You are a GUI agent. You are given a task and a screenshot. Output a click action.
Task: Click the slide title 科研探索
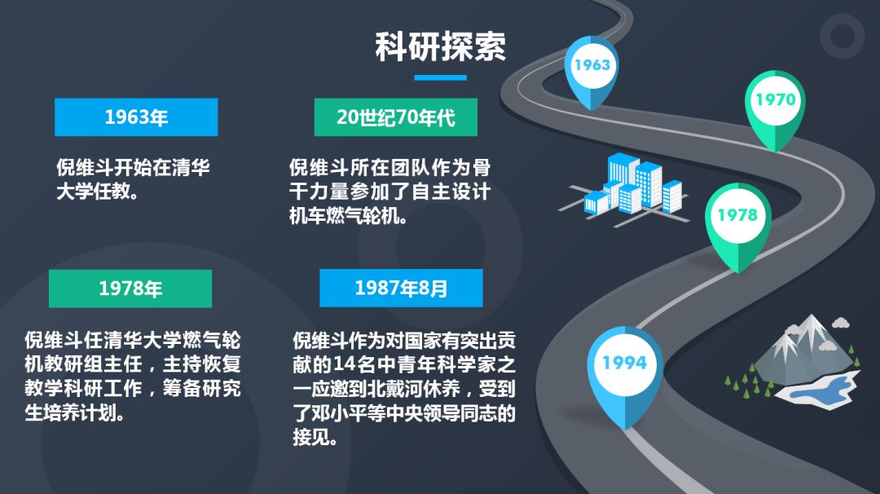coord(441,46)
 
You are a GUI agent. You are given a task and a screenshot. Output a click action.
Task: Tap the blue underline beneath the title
coord(441,77)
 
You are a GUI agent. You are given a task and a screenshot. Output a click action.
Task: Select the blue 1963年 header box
coord(136,117)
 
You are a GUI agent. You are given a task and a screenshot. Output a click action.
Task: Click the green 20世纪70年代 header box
coord(396,117)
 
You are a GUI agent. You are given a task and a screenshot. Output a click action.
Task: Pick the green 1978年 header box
coord(130,289)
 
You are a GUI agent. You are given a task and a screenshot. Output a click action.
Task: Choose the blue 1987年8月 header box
coord(401,288)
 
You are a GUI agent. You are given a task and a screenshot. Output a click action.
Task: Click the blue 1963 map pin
coord(592,70)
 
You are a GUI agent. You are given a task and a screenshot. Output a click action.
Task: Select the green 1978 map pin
coord(738,224)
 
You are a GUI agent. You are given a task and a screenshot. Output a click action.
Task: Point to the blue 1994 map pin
coord(625,373)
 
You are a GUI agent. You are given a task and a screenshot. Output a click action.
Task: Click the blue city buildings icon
coord(624,189)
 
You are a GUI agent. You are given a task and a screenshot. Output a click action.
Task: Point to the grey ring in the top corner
coord(842,36)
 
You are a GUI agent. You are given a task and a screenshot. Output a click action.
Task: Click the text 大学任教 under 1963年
coord(93,192)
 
